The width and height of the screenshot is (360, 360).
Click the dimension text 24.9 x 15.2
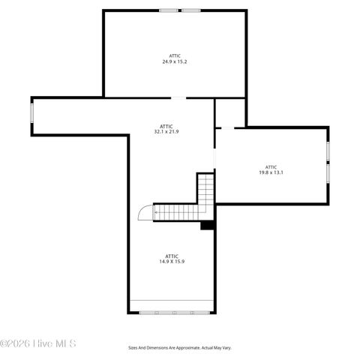[x=174, y=61]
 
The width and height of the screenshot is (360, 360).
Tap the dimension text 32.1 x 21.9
[x=166, y=131]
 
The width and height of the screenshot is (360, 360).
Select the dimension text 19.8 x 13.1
[x=271, y=172]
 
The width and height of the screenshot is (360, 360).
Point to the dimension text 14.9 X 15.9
[x=171, y=262]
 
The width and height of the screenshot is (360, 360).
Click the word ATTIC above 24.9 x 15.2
[x=174, y=55]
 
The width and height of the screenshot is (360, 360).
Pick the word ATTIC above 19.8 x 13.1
[x=271, y=166]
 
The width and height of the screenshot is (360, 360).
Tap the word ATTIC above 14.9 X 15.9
[x=171, y=256]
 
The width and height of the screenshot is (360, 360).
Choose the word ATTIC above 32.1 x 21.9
[x=166, y=125]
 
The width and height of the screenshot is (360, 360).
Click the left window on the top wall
[x=169, y=10]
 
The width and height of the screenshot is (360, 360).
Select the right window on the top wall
[x=191, y=10]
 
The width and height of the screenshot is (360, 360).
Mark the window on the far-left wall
[x=31, y=111]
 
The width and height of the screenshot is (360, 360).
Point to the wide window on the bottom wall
[x=172, y=312]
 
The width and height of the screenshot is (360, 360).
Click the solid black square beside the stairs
[x=208, y=225]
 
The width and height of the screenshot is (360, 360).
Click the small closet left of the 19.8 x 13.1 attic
[x=230, y=112]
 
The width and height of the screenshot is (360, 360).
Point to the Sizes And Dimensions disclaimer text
[x=179, y=347]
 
